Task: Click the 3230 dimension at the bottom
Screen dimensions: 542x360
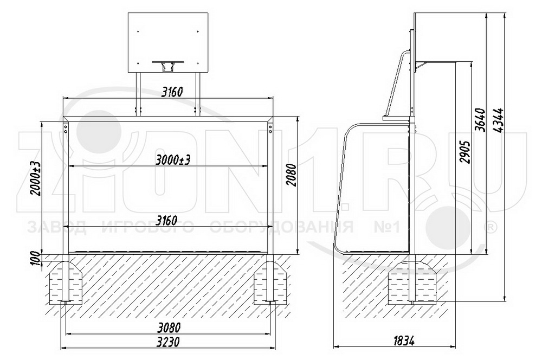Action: click(168, 342)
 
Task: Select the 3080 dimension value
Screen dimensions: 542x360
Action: click(168, 327)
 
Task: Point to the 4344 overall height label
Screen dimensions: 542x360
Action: click(499, 121)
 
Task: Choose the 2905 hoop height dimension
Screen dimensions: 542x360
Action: click(466, 152)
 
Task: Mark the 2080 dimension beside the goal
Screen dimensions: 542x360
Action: click(292, 175)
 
